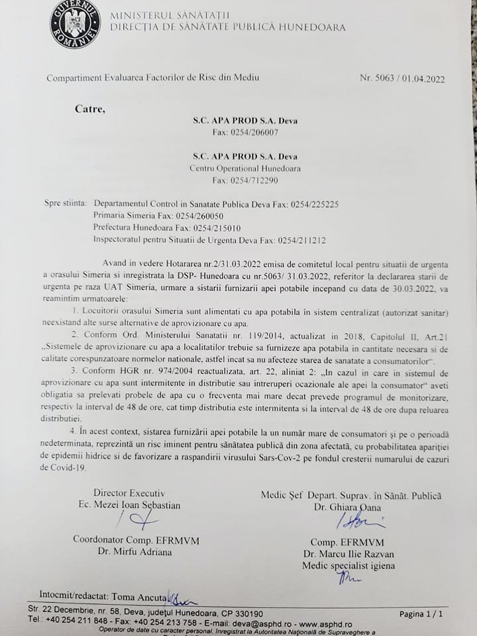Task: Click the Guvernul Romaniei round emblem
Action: (x=76, y=25)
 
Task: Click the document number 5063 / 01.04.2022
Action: (x=401, y=78)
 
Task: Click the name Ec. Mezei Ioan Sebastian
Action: (x=129, y=505)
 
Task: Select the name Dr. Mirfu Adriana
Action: (x=130, y=551)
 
